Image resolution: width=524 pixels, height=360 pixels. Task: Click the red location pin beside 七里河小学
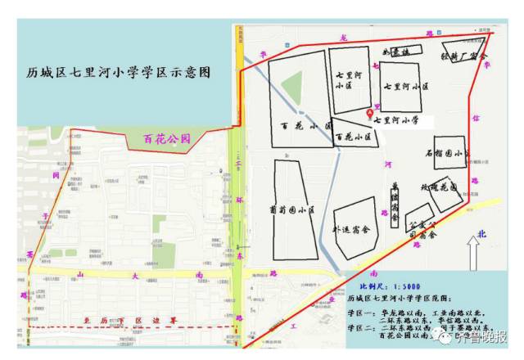tap(369, 112)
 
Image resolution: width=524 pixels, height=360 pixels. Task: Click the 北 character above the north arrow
tap(482, 234)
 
